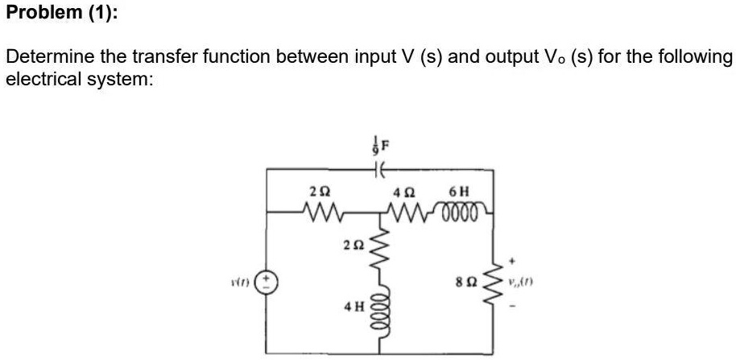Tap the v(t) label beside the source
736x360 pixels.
pyautogui.click(x=239, y=284)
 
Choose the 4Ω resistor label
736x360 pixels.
pyautogui.click(x=403, y=194)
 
